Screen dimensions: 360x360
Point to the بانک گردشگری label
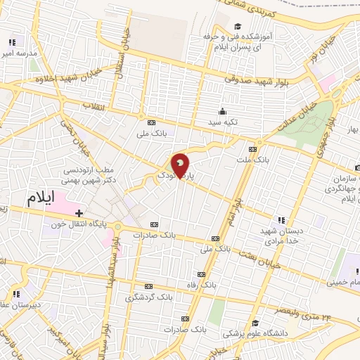pyautogui.click(x=148, y=297)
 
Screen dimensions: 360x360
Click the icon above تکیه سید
pyautogui.click(x=223, y=110)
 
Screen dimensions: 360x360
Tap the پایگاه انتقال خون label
pyautogui.click(x=78, y=225)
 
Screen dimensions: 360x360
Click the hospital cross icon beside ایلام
pyautogui.click(x=79, y=212)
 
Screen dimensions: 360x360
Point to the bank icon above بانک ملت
pyautogui.click(x=252, y=150)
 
